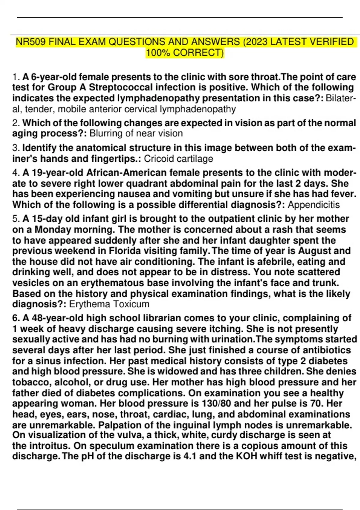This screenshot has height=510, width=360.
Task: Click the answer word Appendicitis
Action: tap(313, 205)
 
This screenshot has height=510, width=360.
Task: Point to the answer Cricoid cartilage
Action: tap(178, 159)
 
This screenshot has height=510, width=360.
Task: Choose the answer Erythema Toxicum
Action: tap(109, 304)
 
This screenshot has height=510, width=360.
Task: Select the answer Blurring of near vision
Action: tap(136, 133)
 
